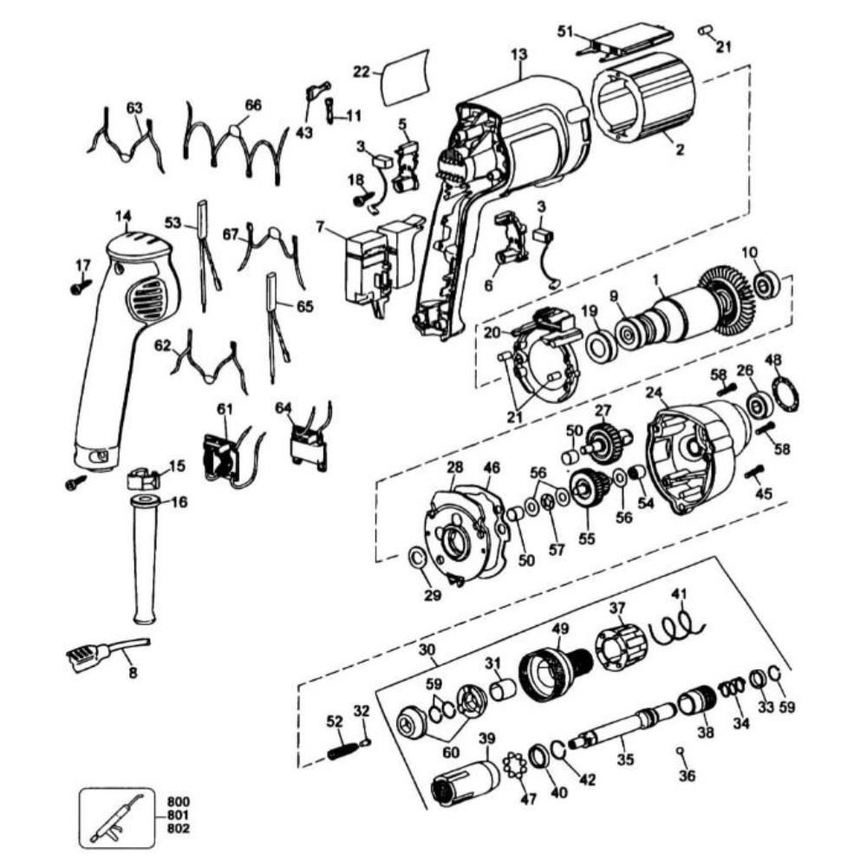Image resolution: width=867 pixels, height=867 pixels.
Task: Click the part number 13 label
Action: pyautogui.click(x=518, y=55)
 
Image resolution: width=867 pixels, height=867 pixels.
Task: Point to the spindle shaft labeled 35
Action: pyautogui.click(x=620, y=728)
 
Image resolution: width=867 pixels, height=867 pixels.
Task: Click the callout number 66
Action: pyautogui.click(x=252, y=104)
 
